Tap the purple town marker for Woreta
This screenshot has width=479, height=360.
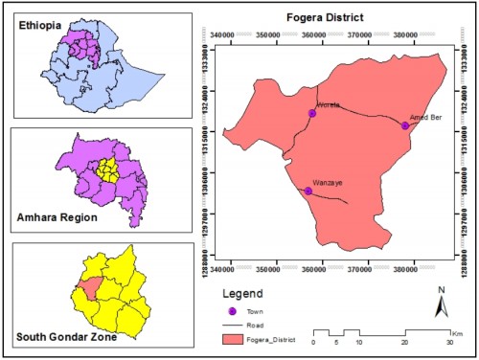[x=311, y=114]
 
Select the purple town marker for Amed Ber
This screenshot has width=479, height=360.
[x=405, y=125]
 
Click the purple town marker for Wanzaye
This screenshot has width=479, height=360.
[x=308, y=191]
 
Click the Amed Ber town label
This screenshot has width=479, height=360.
[x=425, y=115]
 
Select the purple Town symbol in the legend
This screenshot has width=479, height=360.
[x=231, y=311]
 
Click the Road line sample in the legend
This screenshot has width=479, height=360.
[x=231, y=325]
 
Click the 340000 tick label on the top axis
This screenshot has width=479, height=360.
[x=225, y=34]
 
